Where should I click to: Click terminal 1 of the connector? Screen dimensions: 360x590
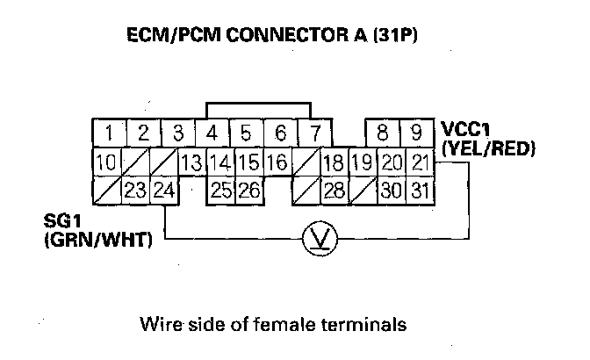point(109,133)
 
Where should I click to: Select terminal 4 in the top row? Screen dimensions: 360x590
point(212,133)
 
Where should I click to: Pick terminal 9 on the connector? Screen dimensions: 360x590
point(416,133)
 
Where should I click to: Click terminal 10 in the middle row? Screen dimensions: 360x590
point(107,162)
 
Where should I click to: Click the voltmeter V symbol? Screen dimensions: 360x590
point(314,238)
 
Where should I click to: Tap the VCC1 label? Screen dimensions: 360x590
point(465,131)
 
